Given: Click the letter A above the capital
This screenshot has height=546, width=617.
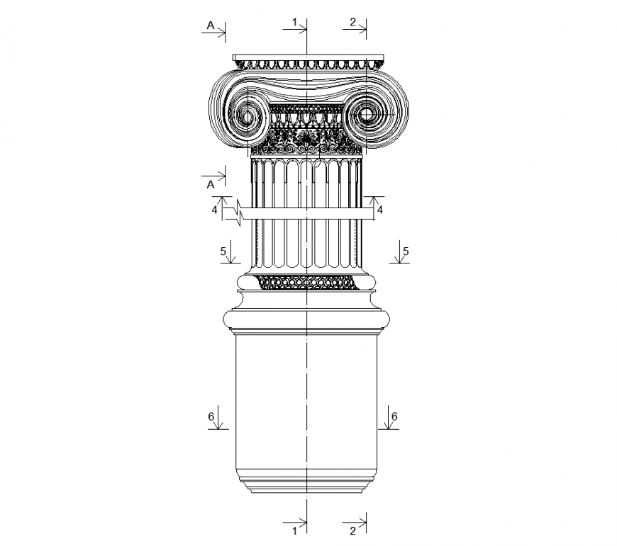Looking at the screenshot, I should coord(210,25).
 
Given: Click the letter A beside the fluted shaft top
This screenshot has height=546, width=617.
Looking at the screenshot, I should coord(210,184).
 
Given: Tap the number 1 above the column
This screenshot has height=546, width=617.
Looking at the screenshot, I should coord(294,23).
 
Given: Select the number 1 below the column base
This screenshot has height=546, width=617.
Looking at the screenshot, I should coord(294,530).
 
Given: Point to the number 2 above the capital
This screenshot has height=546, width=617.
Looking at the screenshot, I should coord(352,23).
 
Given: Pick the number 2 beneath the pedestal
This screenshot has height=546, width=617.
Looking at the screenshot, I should coord(352,530).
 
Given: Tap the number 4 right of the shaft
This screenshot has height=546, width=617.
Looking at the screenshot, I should coord(379,210).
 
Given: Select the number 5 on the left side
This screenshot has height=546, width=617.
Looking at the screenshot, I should coord(223,251).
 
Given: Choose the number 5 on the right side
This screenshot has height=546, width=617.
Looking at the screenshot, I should coord(405,251).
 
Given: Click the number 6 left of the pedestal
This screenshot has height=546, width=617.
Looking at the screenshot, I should coord(211,416).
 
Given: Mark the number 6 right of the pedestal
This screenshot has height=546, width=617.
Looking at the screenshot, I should coord(394,416).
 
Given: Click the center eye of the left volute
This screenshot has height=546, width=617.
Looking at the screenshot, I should coord(248,115).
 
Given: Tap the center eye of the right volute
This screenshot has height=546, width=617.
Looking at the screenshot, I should coord(367,113).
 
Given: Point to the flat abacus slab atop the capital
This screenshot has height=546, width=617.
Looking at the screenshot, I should coord(308,57).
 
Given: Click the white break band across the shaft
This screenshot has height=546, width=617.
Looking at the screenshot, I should coord(307,214).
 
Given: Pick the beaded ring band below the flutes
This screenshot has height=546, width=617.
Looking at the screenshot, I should coord(307,282).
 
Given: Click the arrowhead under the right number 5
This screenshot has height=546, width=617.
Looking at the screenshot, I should coord(399,263).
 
